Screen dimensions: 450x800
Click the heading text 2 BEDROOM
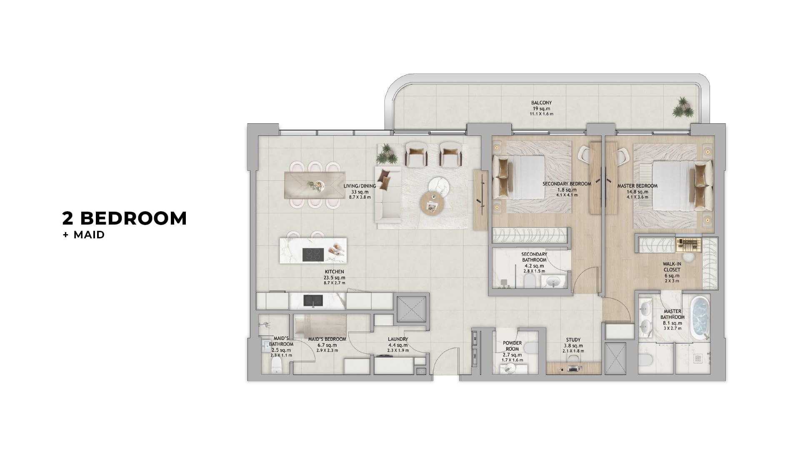tap(125, 218)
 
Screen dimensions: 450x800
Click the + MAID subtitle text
tap(83, 235)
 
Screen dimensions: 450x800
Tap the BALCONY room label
tap(541, 102)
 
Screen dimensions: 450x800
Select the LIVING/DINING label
tap(360, 186)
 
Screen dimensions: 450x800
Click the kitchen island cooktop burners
tap(313, 255)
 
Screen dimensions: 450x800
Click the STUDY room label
tap(573, 340)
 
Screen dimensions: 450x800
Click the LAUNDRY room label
tap(397, 339)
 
